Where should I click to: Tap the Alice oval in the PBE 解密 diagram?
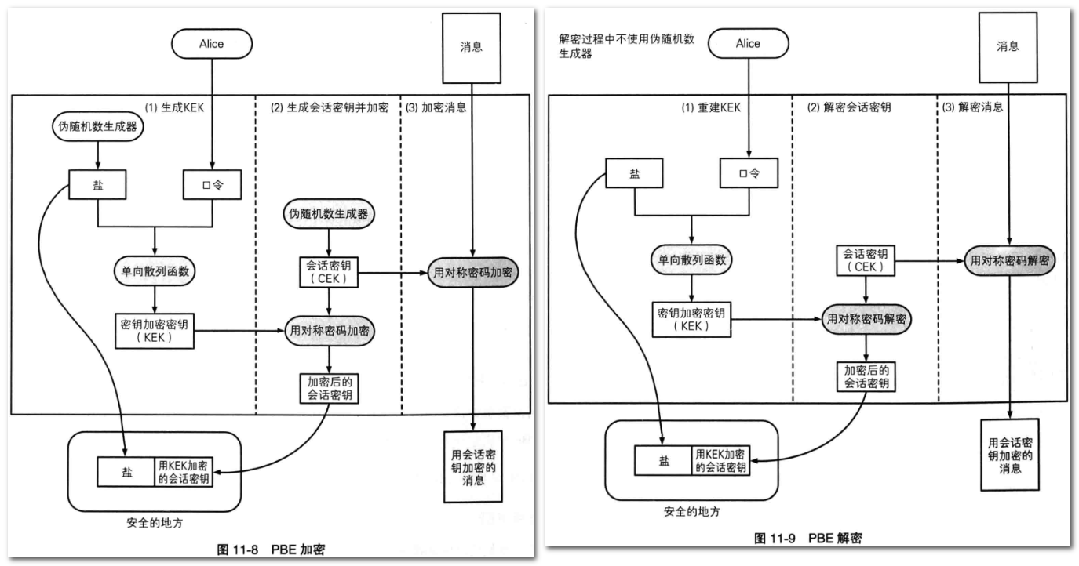(748, 45)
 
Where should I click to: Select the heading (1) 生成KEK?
(175, 107)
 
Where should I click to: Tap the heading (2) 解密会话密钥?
(849, 107)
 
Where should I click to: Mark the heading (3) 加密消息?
(436, 107)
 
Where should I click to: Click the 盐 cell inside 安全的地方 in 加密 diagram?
(126, 472)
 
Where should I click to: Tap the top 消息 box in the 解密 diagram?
(1008, 47)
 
